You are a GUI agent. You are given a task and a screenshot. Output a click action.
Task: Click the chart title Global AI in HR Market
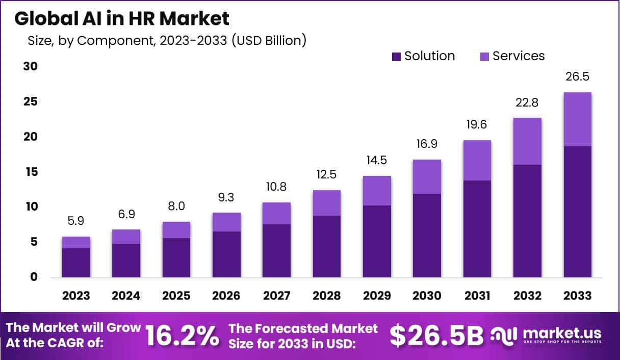122,19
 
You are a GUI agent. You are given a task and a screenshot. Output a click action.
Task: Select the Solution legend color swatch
396,57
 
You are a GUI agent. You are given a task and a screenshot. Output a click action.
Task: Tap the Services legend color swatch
484,57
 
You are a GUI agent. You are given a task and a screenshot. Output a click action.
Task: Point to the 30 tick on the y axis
31,67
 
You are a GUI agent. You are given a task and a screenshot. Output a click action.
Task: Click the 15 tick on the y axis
31,172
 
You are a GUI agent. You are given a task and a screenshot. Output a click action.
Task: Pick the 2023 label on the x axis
76,296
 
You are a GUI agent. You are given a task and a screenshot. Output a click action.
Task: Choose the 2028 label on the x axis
327,296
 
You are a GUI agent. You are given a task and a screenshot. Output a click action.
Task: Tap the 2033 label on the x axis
578,296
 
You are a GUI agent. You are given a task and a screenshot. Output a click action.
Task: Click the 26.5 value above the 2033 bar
578,77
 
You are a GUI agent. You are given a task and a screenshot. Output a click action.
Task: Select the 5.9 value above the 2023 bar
76,222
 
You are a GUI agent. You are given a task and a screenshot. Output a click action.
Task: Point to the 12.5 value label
327,175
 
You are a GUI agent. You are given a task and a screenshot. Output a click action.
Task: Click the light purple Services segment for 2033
578,119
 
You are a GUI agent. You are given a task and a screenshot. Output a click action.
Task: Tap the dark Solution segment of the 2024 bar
126,261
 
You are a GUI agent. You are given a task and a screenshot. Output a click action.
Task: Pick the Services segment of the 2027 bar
277,213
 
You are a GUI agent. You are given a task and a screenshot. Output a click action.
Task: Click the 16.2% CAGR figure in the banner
183,336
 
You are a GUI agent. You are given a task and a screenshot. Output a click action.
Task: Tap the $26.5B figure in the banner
436,336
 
